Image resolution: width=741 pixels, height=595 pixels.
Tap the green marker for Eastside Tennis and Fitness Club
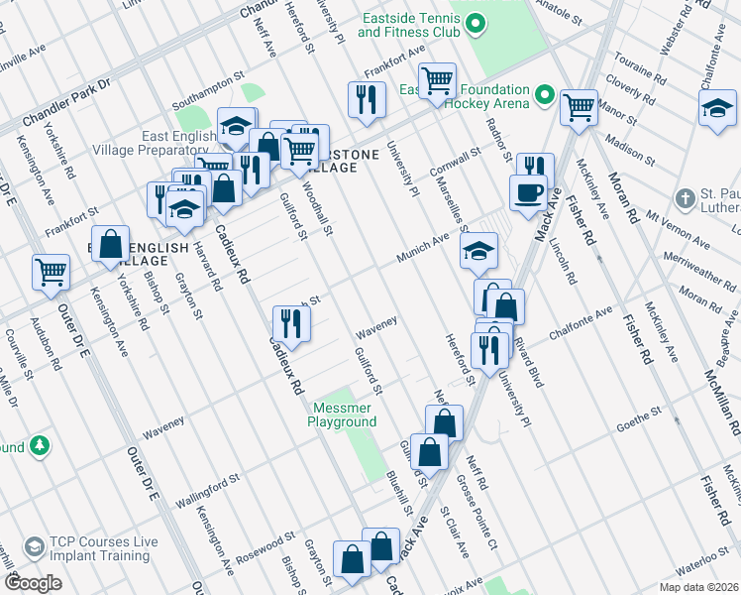click(x=475, y=22)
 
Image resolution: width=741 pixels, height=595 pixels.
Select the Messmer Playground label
click(x=345, y=415)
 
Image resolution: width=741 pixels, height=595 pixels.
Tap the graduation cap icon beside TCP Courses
click(x=34, y=548)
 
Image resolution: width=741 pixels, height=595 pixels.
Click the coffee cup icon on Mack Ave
click(x=528, y=192)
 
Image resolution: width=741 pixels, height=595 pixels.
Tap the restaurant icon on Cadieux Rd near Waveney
click(x=290, y=323)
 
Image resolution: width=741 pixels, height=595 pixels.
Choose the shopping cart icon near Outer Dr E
click(x=51, y=272)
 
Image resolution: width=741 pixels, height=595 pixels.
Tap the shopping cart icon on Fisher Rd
click(x=578, y=107)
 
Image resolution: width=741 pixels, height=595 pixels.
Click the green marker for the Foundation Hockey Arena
click(x=544, y=96)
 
